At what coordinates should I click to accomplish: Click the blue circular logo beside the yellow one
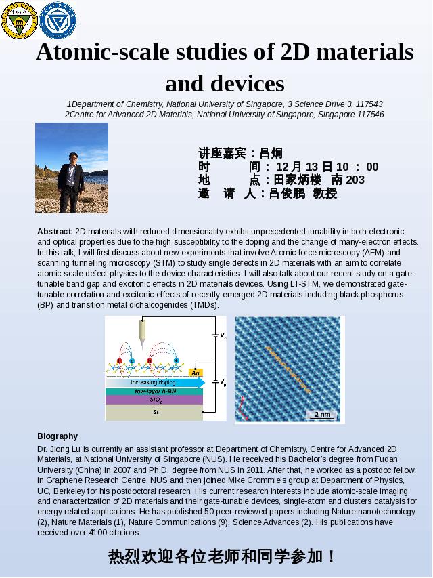tap(58, 20)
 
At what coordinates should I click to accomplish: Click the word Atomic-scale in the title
tap(102, 52)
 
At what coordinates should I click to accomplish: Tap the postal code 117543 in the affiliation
tap(369, 104)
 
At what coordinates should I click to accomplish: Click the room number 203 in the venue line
tap(355, 180)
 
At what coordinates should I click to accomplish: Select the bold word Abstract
tap(55, 232)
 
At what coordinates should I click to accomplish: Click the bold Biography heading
tap(58, 436)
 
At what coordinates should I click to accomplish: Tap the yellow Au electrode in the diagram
tap(196, 373)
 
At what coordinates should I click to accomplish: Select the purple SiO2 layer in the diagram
tap(154, 400)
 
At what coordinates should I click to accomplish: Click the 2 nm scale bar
tap(322, 414)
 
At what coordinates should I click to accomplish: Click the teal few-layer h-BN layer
tap(154, 392)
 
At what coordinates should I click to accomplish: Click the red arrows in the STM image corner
tap(242, 408)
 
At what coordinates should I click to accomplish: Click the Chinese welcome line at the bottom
tap(222, 557)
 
